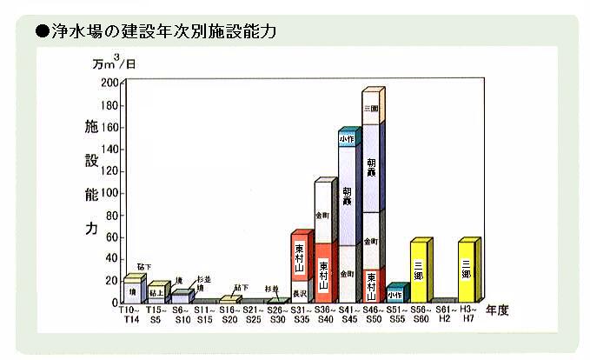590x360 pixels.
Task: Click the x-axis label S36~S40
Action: point(324,315)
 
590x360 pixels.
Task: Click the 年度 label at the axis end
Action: point(498,310)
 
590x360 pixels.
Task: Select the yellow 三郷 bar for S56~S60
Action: point(420,271)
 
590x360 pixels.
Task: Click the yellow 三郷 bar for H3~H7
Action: point(467,271)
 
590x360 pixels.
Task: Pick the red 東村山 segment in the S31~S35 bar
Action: point(300,257)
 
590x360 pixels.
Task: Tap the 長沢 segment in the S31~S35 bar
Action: point(300,291)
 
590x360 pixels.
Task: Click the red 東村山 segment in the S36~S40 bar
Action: point(323,273)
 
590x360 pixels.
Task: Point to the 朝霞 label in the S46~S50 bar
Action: point(371,170)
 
